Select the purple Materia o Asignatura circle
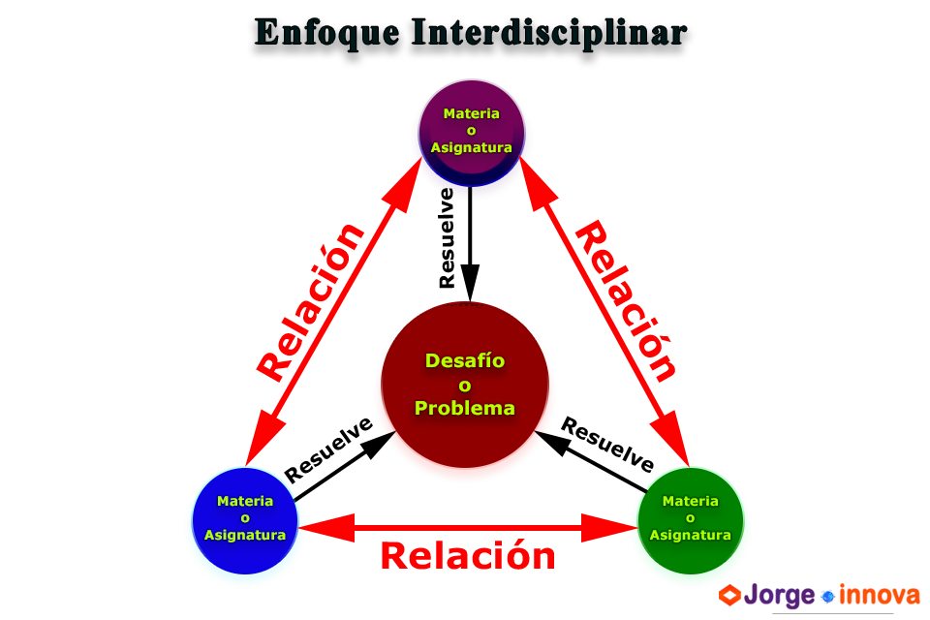tap(471, 131)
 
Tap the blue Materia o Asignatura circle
tap(245, 518)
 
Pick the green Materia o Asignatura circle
tap(690, 518)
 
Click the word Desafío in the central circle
tap(465, 361)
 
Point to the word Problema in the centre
tap(465, 408)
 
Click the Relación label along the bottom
tap(468, 556)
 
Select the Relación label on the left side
tap(312, 302)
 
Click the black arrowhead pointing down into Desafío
tap(471, 287)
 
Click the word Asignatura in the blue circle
tap(245, 535)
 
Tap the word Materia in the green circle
tap(690, 502)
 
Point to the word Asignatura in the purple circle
tap(471, 148)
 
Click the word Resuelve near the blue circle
tap(329, 450)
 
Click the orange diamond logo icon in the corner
tap(734, 597)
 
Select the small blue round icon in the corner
tap(829, 597)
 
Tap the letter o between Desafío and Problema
tap(465, 385)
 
